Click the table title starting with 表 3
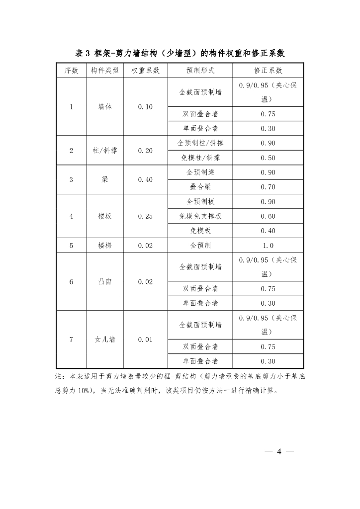pyautogui.click(x=180, y=53)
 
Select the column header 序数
pyautogui.click(x=71, y=71)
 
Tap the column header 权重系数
pyautogui.click(x=145, y=71)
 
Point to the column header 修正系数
pyautogui.click(x=268, y=71)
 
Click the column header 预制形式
pyautogui.click(x=200, y=71)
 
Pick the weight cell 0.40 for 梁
pyautogui.click(x=145, y=179)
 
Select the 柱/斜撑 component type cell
pyautogui.click(x=105, y=151)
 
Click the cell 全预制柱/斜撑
pyautogui.click(x=200, y=143)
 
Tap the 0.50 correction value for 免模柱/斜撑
pyautogui.click(x=268, y=158)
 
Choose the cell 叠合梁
pyautogui.click(x=200, y=187)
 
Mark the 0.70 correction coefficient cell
pyautogui.click(x=268, y=187)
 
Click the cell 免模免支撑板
pyautogui.click(x=200, y=216)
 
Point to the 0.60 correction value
pyautogui.click(x=268, y=216)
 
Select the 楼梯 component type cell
pyautogui.click(x=105, y=245)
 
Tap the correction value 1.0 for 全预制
pyautogui.click(x=268, y=245)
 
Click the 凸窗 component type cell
pyautogui.click(x=105, y=281)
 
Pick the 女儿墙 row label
pyautogui.click(x=105, y=339)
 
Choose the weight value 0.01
pyautogui.click(x=145, y=339)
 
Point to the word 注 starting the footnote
pyautogui.click(x=58, y=377)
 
